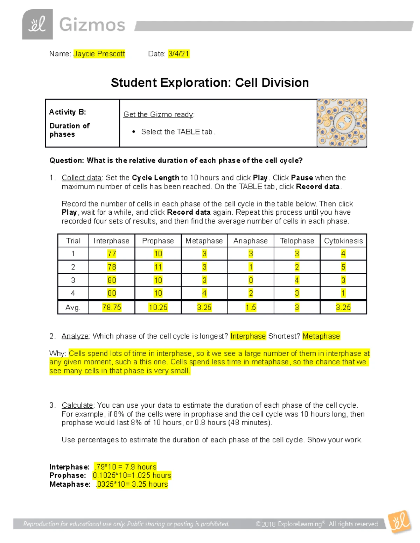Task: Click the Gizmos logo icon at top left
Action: coord(37,24)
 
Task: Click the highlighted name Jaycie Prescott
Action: coord(99,53)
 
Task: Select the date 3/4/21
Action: coord(178,53)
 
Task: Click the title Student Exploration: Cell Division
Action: coord(210,83)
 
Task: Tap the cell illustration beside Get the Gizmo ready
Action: coord(342,123)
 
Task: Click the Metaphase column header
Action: coord(204,241)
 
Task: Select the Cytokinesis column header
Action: coord(343,241)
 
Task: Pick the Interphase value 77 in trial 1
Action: coord(112,253)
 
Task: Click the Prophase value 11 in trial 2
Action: coord(158,267)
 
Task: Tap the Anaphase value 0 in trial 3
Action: coord(251,280)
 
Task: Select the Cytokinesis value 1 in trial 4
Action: coord(343,293)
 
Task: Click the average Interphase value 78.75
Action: coord(112,307)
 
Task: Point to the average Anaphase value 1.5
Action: coord(251,307)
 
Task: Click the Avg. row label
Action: coord(73,307)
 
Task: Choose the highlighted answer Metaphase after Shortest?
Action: coord(321,336)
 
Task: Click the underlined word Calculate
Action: coord(77,405)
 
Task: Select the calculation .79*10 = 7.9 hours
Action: coord(125,467)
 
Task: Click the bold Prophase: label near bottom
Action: coord(68,476)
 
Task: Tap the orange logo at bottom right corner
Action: coord(400,522)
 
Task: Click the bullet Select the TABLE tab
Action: coord(178,132)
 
